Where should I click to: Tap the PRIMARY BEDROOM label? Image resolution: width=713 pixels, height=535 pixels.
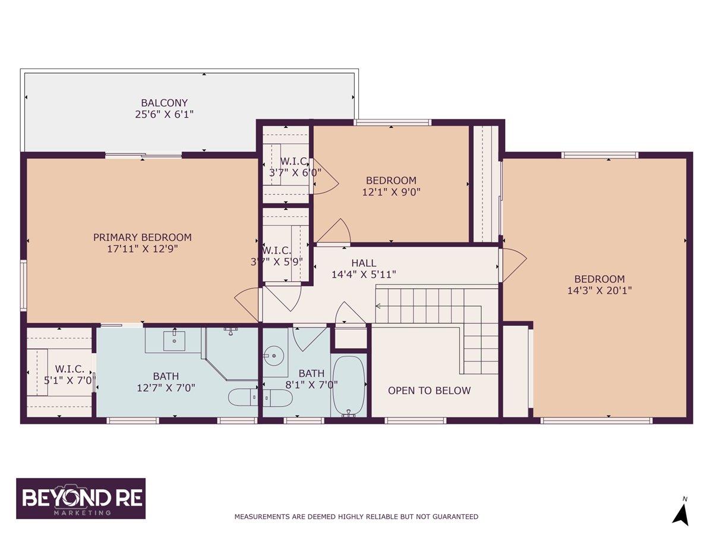pyautogui.click(x=143, y=237)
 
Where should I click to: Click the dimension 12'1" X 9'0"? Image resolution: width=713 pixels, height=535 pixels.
pyautogui.click(x=390, y=192)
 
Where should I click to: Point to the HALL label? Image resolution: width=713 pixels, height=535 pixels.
pyautogui.click(x=364, y=263)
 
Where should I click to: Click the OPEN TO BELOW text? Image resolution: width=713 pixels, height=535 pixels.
pyautogui.click(x=429, y=391)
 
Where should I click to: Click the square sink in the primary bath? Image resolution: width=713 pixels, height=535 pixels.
pyautogui.click(x=174, y=340)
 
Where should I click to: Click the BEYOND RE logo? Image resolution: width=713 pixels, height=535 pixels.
pyautogui.click(x=81, y=498)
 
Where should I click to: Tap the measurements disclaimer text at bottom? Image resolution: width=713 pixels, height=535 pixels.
pyautogui.click(x=356, y=517)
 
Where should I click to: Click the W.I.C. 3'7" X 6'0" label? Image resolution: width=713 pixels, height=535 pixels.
pyautogui.click(x=294, y=167)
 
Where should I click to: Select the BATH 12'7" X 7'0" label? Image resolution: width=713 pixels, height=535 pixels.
pyautogui.click(x=166, y=382)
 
